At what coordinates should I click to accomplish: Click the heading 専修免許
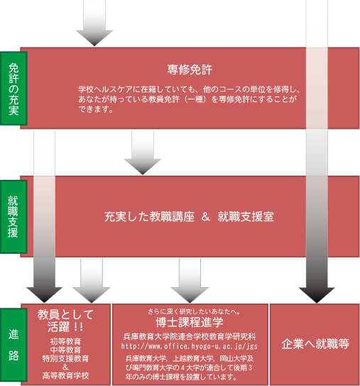190,70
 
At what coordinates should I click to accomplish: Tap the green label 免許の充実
13,89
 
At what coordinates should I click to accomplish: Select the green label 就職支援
13,217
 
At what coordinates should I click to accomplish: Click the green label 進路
13,345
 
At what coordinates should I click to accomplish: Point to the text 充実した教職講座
149,217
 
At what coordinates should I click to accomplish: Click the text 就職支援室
246,217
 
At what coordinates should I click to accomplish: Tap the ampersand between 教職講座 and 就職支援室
206,217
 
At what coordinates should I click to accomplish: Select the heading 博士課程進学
190,322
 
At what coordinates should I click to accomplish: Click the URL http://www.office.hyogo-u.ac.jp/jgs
190,346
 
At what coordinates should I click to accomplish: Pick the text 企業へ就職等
315,344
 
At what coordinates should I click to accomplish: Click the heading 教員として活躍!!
65,321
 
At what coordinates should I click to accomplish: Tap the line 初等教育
65,341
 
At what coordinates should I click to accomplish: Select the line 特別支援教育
65,358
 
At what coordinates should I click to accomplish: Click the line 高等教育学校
65,375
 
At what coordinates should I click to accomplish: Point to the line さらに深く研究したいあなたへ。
194,311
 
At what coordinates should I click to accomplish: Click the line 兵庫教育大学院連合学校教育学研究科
190,336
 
